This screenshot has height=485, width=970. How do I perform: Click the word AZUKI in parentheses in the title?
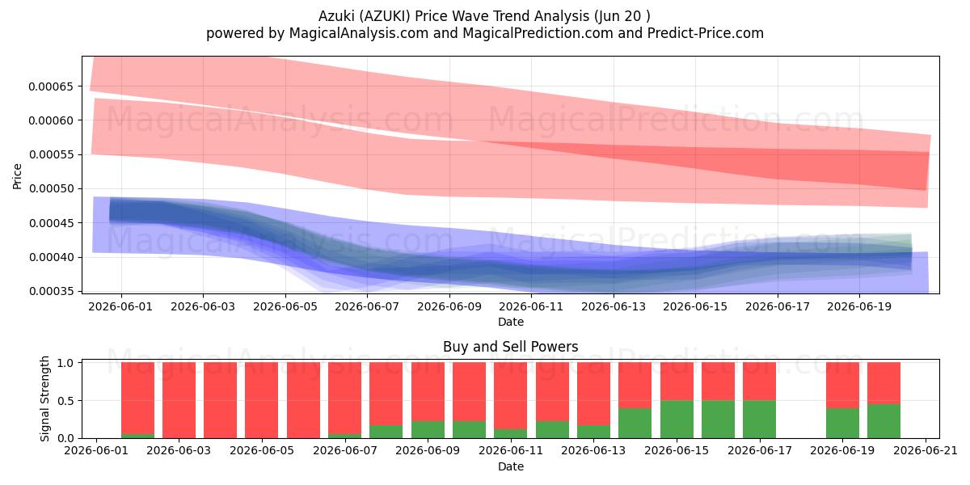(x=385, y=16)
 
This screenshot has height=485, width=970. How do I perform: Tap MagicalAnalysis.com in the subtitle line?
(x=359, y=33)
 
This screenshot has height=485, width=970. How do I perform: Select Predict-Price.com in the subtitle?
(x=706, y=33)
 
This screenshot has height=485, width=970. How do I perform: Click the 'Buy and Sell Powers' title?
(x=511, y=347)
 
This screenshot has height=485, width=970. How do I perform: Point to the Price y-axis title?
(x=17, y=176)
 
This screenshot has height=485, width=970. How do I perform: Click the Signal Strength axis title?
(x=44, y=399)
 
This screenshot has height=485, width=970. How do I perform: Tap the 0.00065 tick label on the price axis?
(x=51, y=86)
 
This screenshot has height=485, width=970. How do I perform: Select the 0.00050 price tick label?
(x=51, y=189)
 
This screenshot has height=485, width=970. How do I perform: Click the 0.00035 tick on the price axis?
(x=51, y=291)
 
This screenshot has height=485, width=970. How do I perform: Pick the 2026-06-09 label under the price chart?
(x=449, y=306)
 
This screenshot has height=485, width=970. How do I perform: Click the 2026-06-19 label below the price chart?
(x=859, y=306)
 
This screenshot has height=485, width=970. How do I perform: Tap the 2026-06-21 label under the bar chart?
(x=926, y=450)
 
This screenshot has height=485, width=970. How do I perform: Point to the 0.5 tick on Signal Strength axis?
(x=65, y=401)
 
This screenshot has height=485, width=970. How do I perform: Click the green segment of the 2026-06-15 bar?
(x=677, y=420)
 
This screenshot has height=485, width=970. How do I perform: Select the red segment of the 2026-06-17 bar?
(x=760, y=381)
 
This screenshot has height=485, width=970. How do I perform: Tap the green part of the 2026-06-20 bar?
(x=884, y=421)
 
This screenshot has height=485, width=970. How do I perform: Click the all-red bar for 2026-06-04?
(x=220, y=400)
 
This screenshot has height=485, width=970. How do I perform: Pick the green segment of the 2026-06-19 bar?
(x=842, y=423)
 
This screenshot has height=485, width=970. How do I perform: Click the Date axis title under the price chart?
(x=511, y=322)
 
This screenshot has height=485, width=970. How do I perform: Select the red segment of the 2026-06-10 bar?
(x=470, y=391)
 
